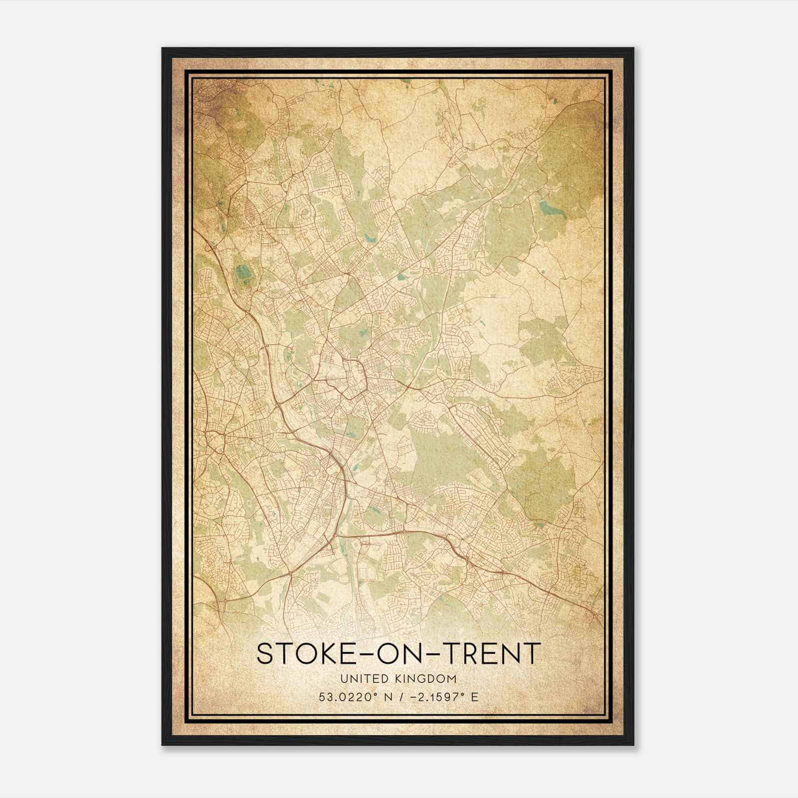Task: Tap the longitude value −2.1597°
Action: click(439, 697)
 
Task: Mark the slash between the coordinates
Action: click(401, 697)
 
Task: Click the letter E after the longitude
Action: click(475, 697)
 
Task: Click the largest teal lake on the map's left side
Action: click(244, 272)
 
